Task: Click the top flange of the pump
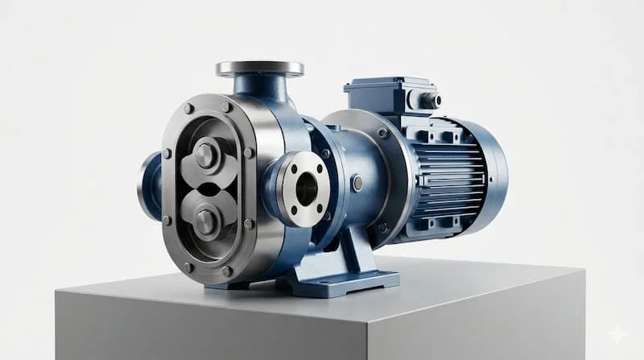[259, 68]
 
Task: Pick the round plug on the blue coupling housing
[357, 184]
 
